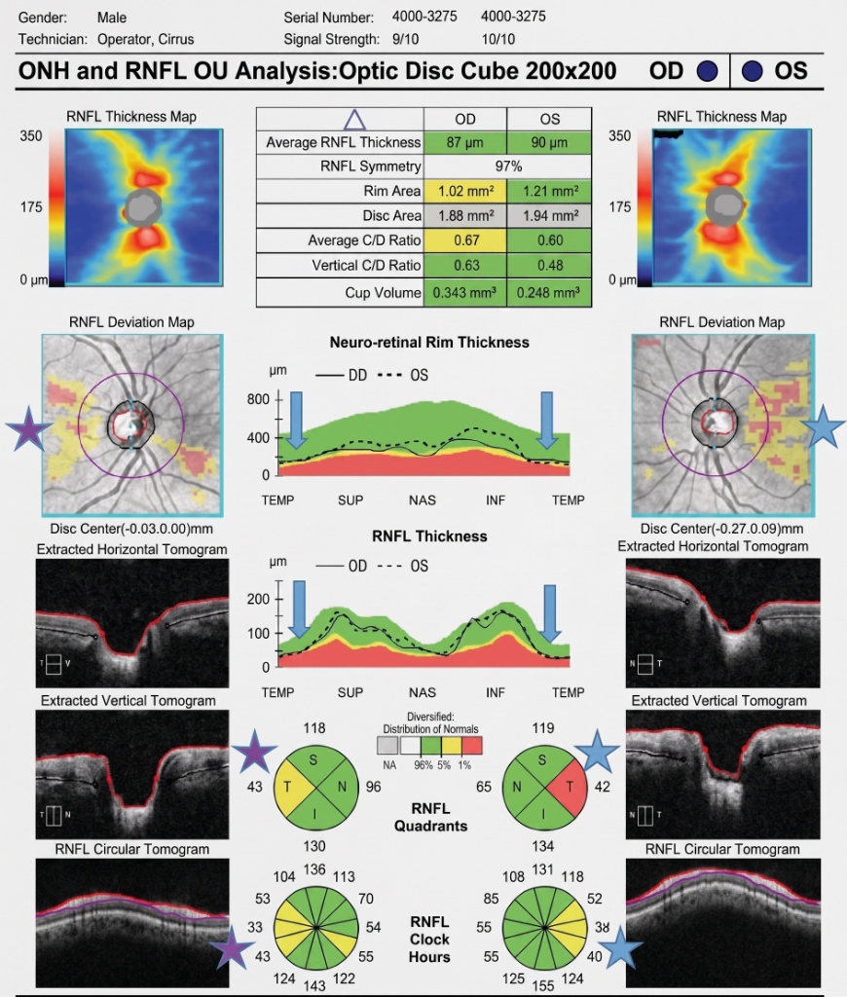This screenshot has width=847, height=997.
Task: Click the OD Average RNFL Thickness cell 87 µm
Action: pyautogui.click(x=464, y=142)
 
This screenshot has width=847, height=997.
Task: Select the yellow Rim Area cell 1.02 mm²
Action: pyautogui.click(x=464, y=192)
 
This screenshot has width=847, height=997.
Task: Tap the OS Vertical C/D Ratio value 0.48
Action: pyautogui.click(x=549, y=265)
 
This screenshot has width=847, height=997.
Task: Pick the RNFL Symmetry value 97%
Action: pyautogui.click(x=508, y=166)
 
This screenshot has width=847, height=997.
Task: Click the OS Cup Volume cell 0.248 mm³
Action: pyautogui.click(x=549, y=292)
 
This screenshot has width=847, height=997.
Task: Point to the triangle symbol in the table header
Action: pyautogui.click(x=354, y=120)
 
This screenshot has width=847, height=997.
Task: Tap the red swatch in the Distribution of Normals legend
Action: pyautogui.click(x=472, y=745)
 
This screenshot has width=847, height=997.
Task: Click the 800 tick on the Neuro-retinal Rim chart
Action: pyautogui.click(x=258, y=399)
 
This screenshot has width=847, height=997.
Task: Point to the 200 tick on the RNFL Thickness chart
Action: pyautogui.click(x=258, y=599)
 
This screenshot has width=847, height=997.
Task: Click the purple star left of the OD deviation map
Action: pyautogui.click(x=27, y=428)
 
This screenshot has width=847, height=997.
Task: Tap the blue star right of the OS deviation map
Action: pyautogui.click(x=824, y=426)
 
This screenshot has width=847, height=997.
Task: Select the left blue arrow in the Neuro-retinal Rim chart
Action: pyautogui.click(x=296, y=421)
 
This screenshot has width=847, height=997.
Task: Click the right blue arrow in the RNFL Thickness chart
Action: pyautogui.click(x=551, y=613)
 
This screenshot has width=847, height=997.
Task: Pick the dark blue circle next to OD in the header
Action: pyautogui.click(x=707, y=70)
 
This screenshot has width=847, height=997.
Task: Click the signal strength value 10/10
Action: pyautogui.click(x=497, y=39)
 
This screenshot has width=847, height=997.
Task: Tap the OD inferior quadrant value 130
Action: pyautogui.click(x=314, y=846)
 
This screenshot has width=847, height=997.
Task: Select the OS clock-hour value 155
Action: pyautogui.click(x=543, y=985)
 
